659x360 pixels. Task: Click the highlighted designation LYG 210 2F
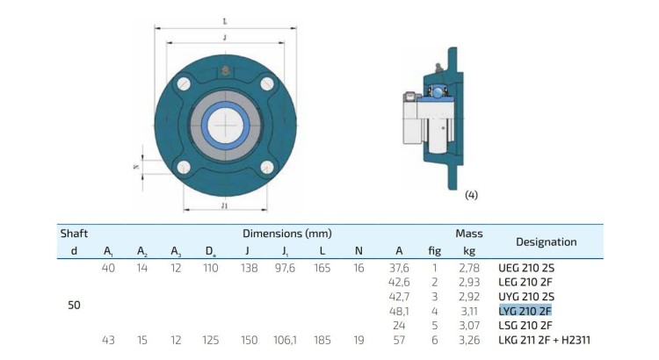click(525, 311)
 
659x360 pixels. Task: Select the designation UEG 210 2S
click(526, 268)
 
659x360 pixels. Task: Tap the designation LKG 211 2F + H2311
click(544, 340)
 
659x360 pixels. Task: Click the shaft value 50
click(74, 305)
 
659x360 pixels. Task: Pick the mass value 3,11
click(469, 312)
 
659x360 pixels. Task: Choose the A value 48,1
click(399, 312)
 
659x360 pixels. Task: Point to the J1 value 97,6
click(285, 268)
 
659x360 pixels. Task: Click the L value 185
click(322, 340)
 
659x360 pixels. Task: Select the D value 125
click(210, 340)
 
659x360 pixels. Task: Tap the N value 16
click(358, 268)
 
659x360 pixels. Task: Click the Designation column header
click(546, 242)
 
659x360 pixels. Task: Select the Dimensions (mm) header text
click(287, 234)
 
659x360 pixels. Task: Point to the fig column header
click(435, 251)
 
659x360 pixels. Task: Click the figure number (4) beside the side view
click(472, 195)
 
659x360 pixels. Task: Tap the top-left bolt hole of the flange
click(184, 83)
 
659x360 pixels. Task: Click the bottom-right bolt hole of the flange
click(267, 167)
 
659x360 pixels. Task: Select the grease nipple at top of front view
click(225, 70)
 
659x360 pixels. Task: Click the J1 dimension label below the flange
click(224, 205)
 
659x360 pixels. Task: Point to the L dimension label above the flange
click(225, 21)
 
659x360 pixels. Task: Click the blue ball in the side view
click(438, 91)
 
